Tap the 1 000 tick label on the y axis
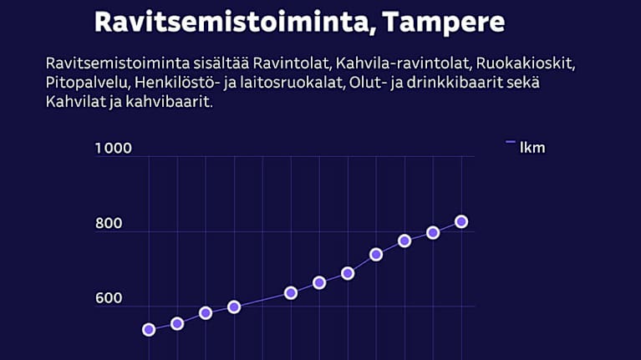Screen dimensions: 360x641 point(114,149)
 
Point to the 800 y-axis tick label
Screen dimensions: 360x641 point(108,223)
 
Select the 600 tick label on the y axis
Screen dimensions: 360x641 point(108,298)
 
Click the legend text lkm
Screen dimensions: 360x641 point(532,148)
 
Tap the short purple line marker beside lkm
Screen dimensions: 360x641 point(510,143)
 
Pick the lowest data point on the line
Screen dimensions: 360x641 point(149,330)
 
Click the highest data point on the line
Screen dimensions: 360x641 point(461,221)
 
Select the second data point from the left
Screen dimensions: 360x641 point(177,323)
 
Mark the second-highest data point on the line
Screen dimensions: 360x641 point(433,232)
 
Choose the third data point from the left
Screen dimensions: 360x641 point(206,313)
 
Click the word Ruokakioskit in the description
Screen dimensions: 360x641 point(523,64)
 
